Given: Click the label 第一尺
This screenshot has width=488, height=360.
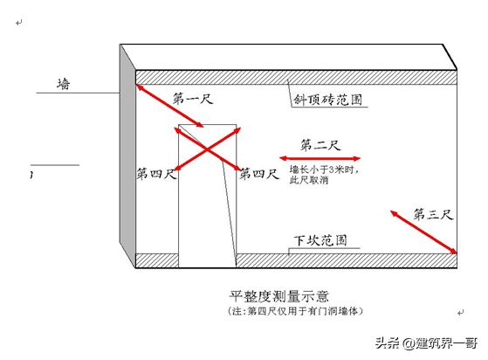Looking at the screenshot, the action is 193,99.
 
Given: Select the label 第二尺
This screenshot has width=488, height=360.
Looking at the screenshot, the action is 320,145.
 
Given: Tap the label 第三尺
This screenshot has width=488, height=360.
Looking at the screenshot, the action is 433,214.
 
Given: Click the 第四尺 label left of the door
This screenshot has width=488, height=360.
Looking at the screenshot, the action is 156,174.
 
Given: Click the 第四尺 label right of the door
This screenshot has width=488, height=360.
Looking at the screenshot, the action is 259,174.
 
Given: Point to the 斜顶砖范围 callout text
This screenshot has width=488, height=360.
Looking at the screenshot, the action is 328,100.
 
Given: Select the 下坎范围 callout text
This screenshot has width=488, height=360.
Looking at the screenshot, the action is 320,240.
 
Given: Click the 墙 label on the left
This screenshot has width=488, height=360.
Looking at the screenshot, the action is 64,84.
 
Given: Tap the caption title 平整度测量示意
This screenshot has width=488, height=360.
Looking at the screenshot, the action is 278,296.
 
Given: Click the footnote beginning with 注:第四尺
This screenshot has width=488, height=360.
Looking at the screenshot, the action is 295,311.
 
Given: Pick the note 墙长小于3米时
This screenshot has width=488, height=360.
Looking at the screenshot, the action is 324,170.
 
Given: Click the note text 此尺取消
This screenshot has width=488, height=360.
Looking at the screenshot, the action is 309,180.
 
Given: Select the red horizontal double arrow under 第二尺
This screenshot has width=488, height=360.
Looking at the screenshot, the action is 320,158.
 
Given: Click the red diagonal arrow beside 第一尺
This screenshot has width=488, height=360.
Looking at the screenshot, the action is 170,106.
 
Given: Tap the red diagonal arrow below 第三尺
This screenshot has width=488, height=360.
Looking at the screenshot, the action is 423,232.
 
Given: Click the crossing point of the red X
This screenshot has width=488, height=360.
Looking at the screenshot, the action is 207,149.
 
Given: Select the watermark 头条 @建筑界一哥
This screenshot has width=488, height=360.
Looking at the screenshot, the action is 426,343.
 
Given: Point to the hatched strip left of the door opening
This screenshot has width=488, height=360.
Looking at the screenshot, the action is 157,260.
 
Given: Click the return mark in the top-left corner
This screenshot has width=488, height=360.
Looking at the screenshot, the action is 19,23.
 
